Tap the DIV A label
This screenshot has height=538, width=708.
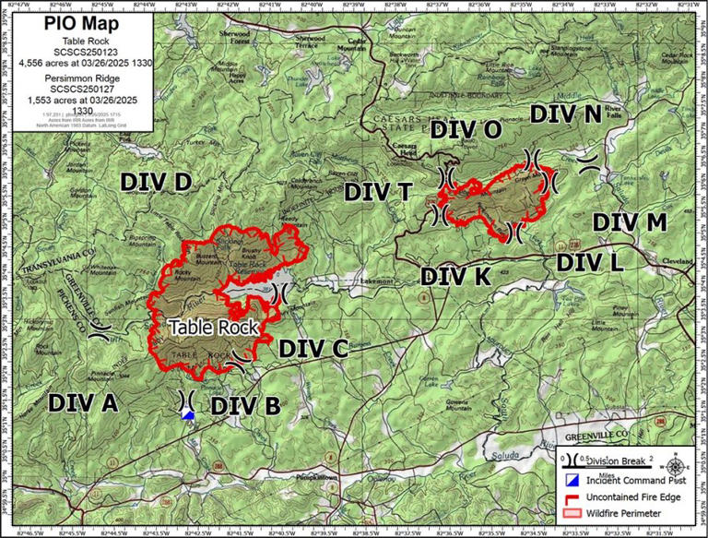[x=83, y=402]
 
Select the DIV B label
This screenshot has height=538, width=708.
[x=245, y=405]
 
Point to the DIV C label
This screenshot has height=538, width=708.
[x=313, y=348]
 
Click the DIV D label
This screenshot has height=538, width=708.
[x=155, y=182]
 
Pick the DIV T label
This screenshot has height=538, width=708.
[x=378, y=191]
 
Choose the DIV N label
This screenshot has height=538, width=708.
[x=566, y=114]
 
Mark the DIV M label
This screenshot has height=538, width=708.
[x=629, y=222]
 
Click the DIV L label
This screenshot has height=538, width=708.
[x=591, y=262]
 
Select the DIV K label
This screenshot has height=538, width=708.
[x=455, y=275]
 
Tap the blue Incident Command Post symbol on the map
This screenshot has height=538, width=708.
[x=188, y=416]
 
